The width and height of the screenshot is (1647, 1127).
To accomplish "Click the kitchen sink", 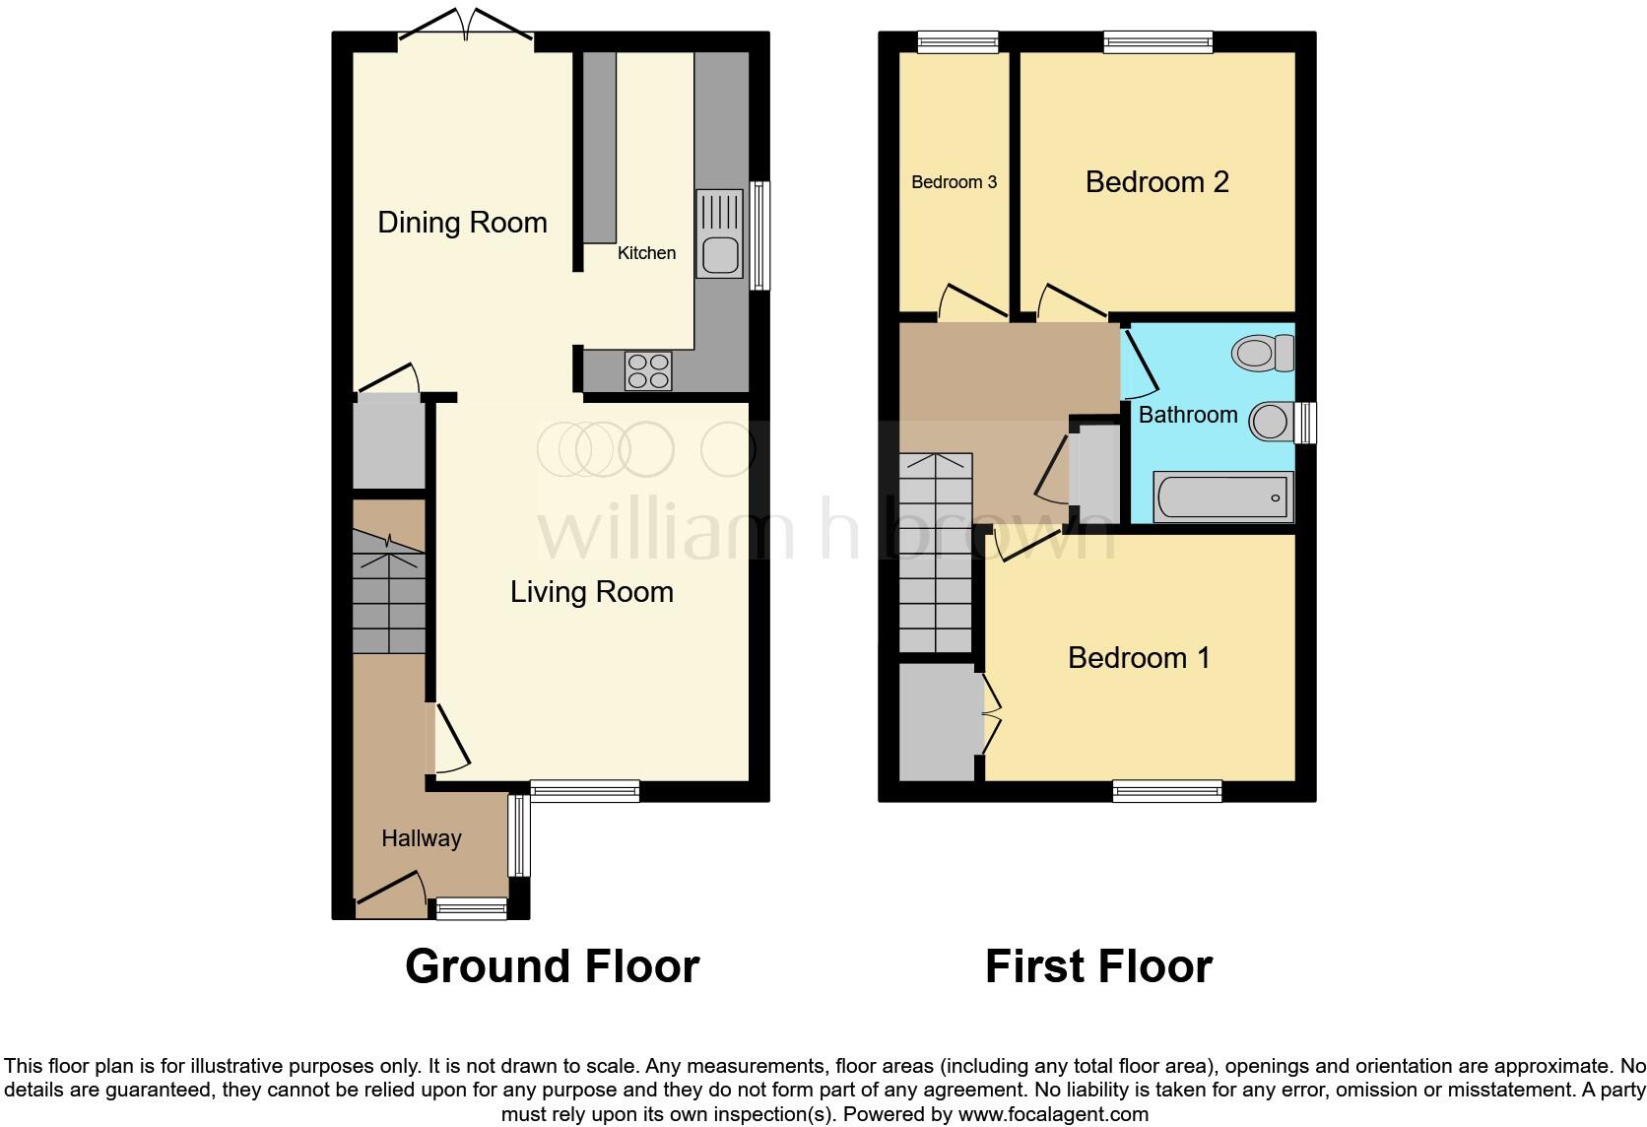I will (x=719, y=234).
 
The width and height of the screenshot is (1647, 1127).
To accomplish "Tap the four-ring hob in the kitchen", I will (x=648, y=371).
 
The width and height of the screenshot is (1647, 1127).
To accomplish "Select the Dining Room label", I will (x=462, y=223).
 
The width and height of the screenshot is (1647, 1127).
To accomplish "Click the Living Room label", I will (x=591, y=592).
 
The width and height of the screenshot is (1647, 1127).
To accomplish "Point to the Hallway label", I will (x=421, y=838).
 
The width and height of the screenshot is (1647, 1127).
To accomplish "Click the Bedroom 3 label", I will (x=954, y=182).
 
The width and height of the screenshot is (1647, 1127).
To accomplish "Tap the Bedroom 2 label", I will (x=1156, y=182).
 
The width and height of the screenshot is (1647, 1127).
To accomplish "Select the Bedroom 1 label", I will (x=1139, y=658).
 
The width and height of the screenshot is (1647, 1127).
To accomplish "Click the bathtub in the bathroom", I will (x=1222, y=497).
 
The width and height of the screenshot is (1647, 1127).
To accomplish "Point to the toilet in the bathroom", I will (x=1263, y=353).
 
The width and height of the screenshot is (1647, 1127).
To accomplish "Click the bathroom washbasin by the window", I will (x=1272, y=422).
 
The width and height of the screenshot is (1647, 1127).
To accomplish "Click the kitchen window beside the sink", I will (x=758, y=235).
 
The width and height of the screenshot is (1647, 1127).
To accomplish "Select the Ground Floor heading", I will (x=552, y=966).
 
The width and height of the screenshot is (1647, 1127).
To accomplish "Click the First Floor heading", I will (x=1098, y=966).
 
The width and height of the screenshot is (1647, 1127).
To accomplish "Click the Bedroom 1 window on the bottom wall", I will (x=1167, y=790).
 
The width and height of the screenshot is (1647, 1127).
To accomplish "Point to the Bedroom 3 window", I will (x=957, y=41).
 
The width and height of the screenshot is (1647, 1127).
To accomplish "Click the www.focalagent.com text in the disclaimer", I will (x=1052, y=1115).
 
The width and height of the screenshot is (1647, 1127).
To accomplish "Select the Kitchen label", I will (x=646, y=253).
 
